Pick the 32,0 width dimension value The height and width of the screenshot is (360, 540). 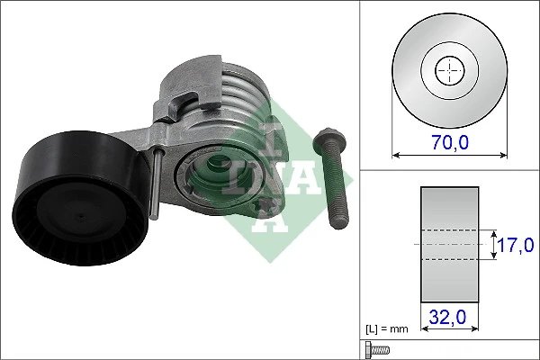point(447,316)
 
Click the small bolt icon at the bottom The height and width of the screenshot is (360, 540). point(375,350)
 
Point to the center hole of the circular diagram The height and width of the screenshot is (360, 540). point(447,70)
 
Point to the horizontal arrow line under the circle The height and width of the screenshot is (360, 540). point(447,155)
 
